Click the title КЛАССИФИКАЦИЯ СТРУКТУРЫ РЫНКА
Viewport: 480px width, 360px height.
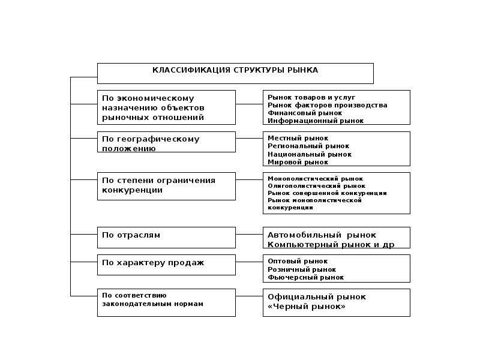[x=235, y=70]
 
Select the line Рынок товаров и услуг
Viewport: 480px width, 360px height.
[x=311, y=97]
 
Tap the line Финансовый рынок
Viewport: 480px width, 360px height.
[x=305, y=113]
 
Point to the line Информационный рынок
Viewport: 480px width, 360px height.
[x=316, y=121]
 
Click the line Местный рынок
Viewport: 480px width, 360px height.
[x=298, y=139]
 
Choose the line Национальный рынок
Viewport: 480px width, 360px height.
[x=310, y=154]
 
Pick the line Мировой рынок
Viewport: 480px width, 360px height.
[x=298, y=162]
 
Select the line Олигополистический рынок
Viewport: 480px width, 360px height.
[x=317, y=186]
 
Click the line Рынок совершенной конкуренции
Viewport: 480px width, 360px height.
[x=327, y=193]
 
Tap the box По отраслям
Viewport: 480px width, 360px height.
[x=166, y=238]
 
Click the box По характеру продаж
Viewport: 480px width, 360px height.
[x=166, y=265]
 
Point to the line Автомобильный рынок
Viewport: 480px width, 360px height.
[x=322, y=235]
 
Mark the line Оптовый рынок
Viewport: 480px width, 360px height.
[x=298, y=262]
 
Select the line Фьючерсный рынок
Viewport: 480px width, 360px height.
[x=305, y=278]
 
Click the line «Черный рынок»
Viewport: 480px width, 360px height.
[x=307, y=307]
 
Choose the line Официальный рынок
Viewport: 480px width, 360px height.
[x=317, y=297]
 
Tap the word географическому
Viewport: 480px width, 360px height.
[x=158, y=139]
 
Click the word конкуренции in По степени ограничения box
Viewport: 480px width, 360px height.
[x=132, y=190]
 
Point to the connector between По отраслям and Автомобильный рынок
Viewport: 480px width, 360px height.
[x=249, y=235]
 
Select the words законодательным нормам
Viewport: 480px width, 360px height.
[x=152, y=304]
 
